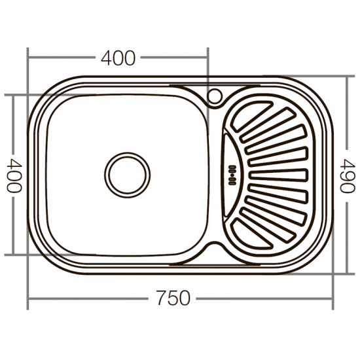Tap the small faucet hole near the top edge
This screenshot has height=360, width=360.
pyautogui.click(x=214, y=96)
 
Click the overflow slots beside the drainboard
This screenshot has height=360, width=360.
pyautogui.click(x=231, y=174)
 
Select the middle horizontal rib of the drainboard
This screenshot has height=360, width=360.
pyautogui.click(x=278, y=174)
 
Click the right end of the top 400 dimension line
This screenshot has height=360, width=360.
pyautogui.click(x=207, y=58)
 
